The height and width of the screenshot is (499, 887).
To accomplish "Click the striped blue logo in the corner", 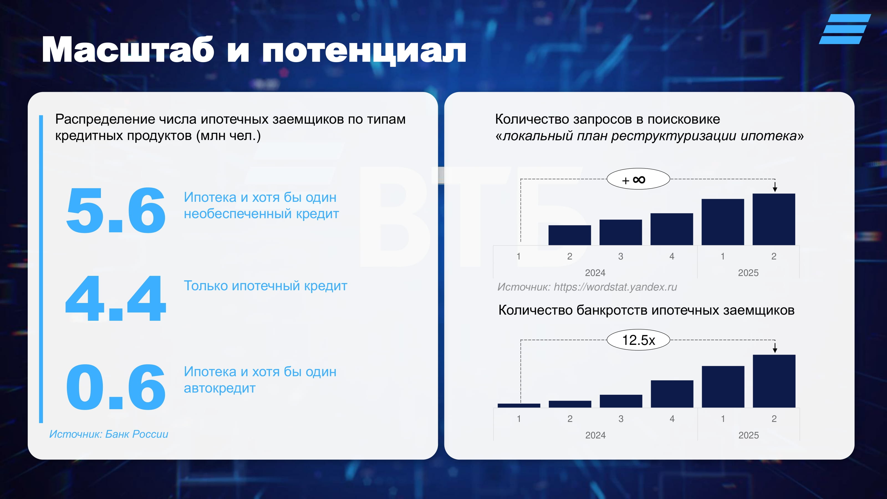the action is click(845, 29).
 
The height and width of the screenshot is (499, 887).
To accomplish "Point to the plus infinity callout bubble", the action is click(638, 179).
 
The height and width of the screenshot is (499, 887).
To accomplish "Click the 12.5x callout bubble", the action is click(638, 340).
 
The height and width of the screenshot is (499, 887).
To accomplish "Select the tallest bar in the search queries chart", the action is click(774, 219).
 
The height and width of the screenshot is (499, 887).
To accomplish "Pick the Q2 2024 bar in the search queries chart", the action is click(570, 235).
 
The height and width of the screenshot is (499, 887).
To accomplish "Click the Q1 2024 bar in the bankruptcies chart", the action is click(519, 406).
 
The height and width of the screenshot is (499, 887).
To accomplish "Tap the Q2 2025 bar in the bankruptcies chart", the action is click(774, 381).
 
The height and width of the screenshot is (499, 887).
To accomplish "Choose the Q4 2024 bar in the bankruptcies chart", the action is click(672, 394).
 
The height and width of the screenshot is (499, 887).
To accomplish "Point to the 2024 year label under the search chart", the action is click(595, 273).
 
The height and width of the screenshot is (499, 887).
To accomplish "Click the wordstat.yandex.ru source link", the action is click(615, 287).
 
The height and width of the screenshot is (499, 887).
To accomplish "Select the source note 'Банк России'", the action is click(137, 434).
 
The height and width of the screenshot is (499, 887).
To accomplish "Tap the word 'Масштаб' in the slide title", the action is click(128, 50).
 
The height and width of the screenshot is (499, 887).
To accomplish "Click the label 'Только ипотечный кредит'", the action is click(266, 286).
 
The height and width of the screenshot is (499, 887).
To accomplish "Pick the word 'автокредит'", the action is click(220, 388).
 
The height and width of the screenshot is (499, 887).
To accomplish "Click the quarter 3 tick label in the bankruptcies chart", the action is click(621, 419).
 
